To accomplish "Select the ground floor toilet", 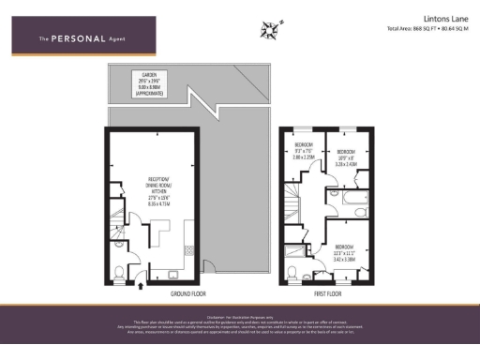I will [x=118, y=272].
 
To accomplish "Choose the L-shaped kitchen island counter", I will [x=160, y=230].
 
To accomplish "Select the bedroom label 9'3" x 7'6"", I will [x=303, y=156].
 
